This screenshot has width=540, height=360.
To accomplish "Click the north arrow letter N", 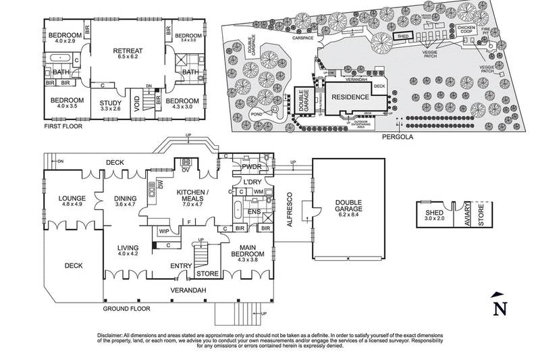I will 500,309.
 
